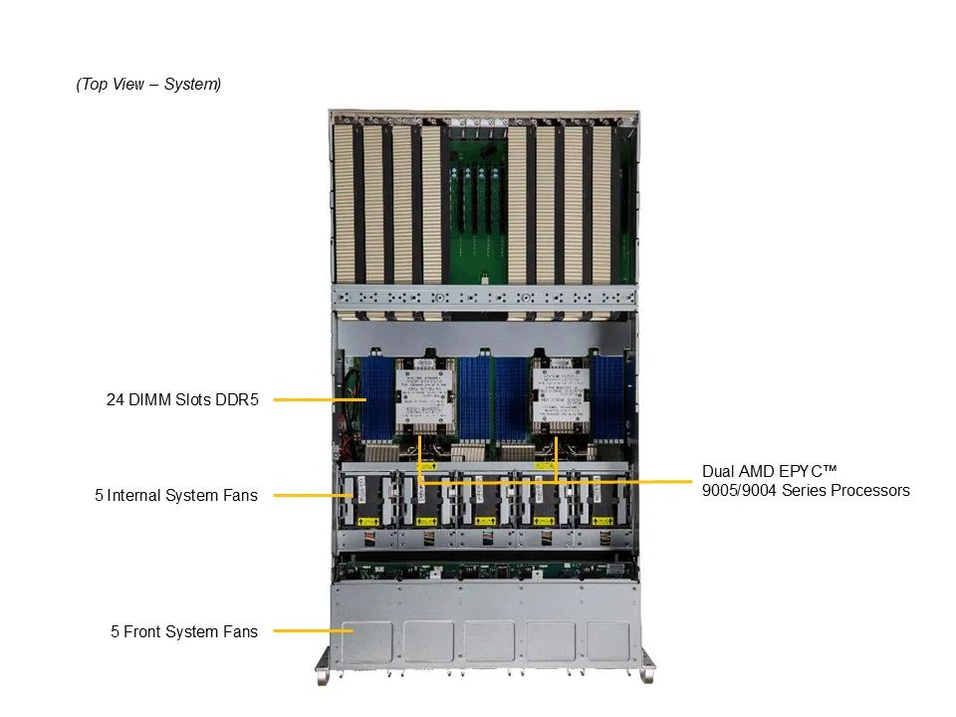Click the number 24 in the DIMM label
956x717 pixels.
click(x=117, y=400)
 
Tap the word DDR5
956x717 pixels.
click(x=238, y=400)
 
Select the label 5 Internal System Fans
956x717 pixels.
click(x=176, y=495)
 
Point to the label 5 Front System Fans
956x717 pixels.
click(x=184, y=631)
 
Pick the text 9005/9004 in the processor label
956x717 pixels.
click(x=743, y=490)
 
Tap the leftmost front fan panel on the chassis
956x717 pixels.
click(x=367, y=639)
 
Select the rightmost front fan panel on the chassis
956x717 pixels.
click(x=608, y=639)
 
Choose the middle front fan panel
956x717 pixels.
click(x=488, y=639)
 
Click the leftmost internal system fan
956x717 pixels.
click(x=364, y=499)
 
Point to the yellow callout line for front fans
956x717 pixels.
click(x=304, y=630)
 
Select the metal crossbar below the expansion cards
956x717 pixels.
click(x=484, y=296)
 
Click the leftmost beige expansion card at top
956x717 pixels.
click(x=344, y=209)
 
